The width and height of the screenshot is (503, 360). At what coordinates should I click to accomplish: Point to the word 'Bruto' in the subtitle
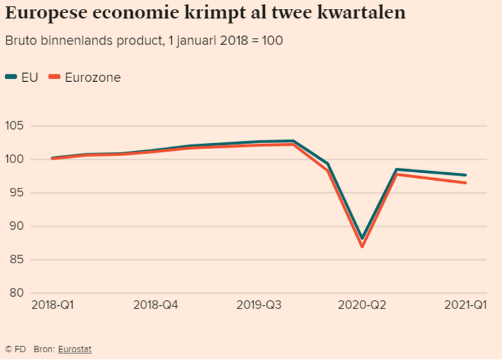[21, 40]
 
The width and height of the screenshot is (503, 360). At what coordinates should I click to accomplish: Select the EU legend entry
[22, 77]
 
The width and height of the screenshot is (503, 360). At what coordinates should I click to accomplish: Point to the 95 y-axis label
[17, 193]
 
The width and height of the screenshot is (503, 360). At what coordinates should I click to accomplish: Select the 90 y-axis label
[17, 226]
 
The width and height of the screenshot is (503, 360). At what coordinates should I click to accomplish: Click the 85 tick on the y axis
[17, 260]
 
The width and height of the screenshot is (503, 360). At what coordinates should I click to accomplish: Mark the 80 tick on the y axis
[17, 294]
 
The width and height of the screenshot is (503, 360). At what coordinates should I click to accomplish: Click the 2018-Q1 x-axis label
[52, 305]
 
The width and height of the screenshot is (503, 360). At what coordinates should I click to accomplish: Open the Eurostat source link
[75, 349]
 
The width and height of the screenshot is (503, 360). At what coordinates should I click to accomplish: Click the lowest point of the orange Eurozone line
[362, 246]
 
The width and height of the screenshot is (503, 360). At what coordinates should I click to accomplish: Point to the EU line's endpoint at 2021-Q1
[466, 175]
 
